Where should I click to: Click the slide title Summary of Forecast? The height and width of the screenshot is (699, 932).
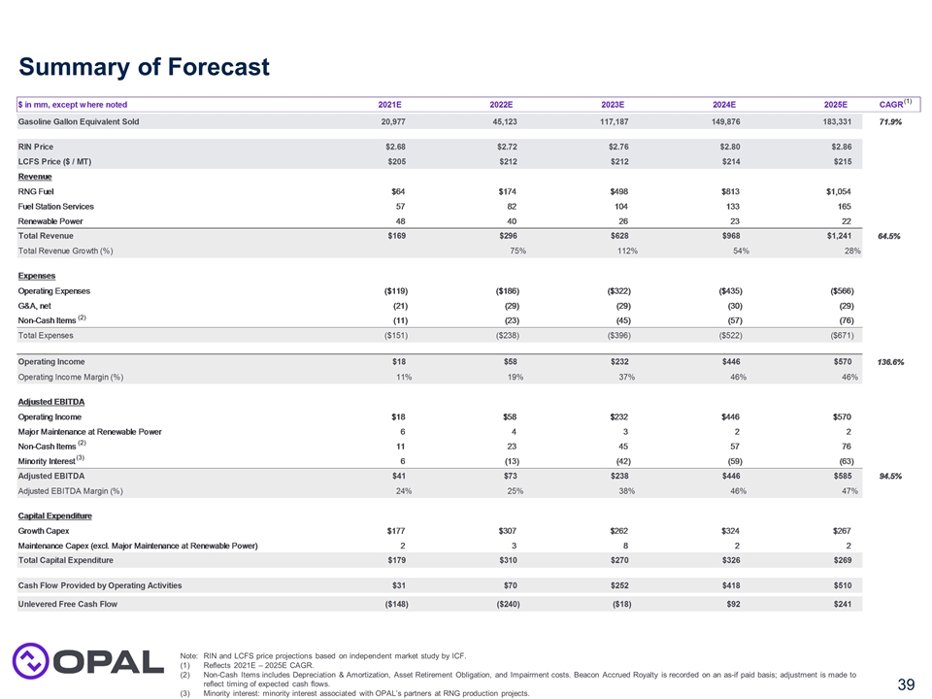pyautogui.click(x=144, y=67)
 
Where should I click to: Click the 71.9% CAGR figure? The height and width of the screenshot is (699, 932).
pyautogui.click(x=891, y=121)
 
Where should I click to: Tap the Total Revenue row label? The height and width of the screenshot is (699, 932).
pyautogui.click(x=46, y=235)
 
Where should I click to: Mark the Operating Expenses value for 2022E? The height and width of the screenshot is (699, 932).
pyautogui.click(x=505, y=290)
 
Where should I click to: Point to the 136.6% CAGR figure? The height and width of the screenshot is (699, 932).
pyautogui.click(x=891, y=362)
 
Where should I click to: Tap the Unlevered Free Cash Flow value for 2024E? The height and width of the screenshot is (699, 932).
pyautogui.click(x=729, y=603)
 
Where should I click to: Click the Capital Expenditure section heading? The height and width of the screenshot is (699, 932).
pyautogui.click(x=55, y=516)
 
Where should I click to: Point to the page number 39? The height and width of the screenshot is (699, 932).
pyautogui.click(x=905, y=685)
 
